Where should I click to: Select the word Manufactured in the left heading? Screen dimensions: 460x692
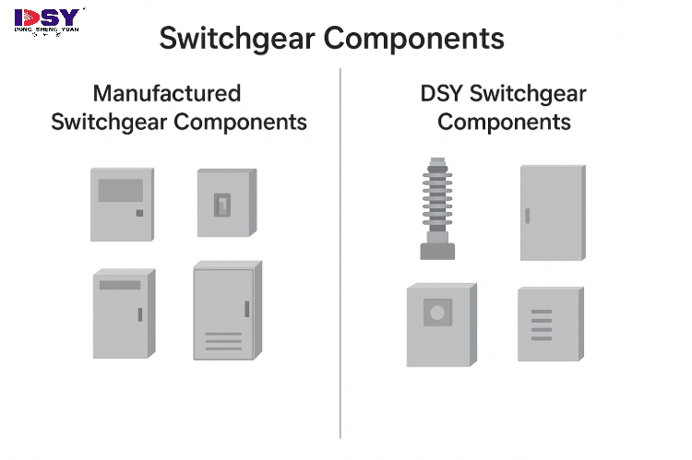pyautogui.click(x=167, y=93)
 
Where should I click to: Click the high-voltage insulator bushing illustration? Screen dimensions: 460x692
pyautogui.click(x=435, y=207)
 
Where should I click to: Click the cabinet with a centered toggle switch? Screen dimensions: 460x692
pyautogui.click(x=224, y=203)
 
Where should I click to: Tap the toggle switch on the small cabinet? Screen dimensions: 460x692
pyautogui.click(x=222, y=206)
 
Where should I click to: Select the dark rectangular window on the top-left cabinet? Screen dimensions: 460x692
pyautogui.click(x=121, y=190)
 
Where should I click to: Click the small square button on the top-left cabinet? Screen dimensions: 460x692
pyautogui.click(x=139, y=214)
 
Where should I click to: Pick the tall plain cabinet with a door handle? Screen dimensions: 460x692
pyautogui.click(x=551, y=213)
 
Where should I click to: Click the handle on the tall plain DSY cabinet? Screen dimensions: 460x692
pyautogui.click(x=527, y=217)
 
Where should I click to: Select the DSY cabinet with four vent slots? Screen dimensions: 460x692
pyautogui.click(x=548, y=324)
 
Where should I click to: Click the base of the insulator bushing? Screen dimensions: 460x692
pyautogui.click(x=435, y=249)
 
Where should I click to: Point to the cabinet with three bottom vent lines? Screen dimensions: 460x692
pyautogui.click(x=224, y=311)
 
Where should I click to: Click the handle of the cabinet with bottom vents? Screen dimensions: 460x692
pyautogui.click(x=246, y=309)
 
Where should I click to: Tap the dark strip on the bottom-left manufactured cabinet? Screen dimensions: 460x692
pyautogui.click(x=120, y=285)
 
